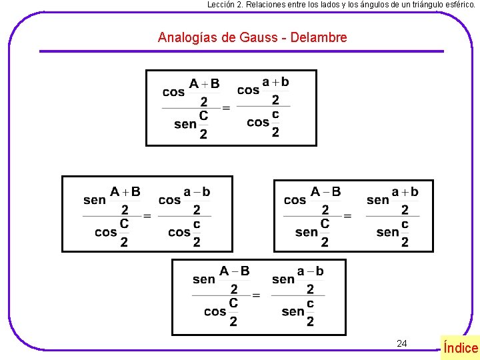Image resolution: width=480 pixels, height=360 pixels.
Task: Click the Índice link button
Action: click(x=460, y=347)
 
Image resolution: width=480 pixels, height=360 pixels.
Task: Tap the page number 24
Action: click(x=401, y=343)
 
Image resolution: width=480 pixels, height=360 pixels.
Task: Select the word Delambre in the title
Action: click(x=319, y=37)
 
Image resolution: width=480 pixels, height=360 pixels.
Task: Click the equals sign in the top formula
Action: click(x=226, y=108)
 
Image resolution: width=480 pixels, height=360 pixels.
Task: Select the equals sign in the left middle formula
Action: click(x=147, y=216)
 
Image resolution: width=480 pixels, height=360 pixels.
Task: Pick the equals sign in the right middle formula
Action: click(x=347, y=216)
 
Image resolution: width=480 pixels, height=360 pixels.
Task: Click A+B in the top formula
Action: click(x=204, y=84)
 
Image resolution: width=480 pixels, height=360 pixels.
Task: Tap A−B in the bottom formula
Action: click(x=234, y=271)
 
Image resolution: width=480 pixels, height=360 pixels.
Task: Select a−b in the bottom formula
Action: click(x=310, y=271)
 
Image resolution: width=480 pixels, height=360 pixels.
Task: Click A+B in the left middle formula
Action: click(x=125, y=192)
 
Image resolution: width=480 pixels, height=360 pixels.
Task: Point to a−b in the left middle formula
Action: click(x=197, y=192)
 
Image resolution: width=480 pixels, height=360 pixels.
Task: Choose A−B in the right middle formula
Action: click(x=325, y=192)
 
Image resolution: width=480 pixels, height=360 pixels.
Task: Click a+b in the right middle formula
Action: click(x=405, y=192)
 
